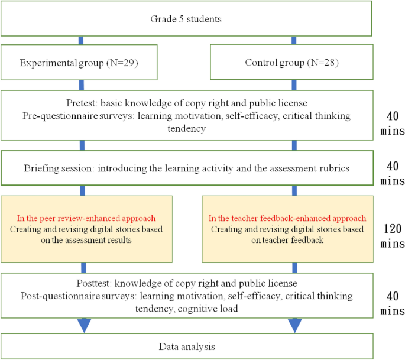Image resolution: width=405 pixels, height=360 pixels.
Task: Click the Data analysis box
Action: [x=187, y=345]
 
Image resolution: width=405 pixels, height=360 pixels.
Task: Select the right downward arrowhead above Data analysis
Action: [x=294, y=325]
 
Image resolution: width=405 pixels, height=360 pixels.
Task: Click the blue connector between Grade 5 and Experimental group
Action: [x=81, y=40]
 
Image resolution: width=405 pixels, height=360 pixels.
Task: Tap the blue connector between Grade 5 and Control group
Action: [x=294, y=40]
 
